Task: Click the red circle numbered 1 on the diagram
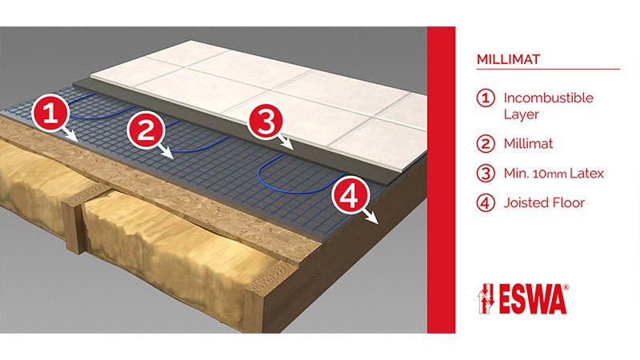(50, 112)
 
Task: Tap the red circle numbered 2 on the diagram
(146, 130)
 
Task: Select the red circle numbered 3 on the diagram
(266, 122)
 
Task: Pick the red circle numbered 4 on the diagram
(350, 197)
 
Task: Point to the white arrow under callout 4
(371, 216)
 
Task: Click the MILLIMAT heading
(508, 59)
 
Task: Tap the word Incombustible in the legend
(548, 98)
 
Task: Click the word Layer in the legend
(522, 114)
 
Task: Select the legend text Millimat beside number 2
(528, 144)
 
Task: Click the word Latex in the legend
(586, 174)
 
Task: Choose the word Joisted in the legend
(523, 203)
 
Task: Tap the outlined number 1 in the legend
(486, 98)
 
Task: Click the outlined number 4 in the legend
(486, 203)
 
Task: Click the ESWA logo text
(532, 299)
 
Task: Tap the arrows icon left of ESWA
(486, 298)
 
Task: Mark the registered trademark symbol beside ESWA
(566, 287)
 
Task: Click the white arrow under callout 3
(285, 142)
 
